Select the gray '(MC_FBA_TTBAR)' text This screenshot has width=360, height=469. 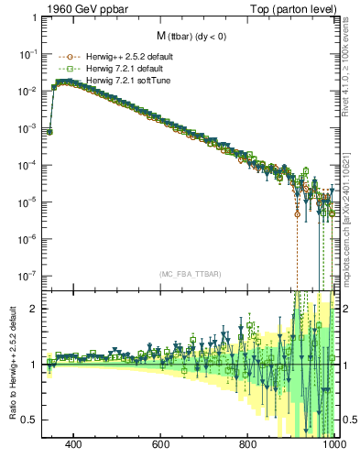(x=191, y=274)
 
